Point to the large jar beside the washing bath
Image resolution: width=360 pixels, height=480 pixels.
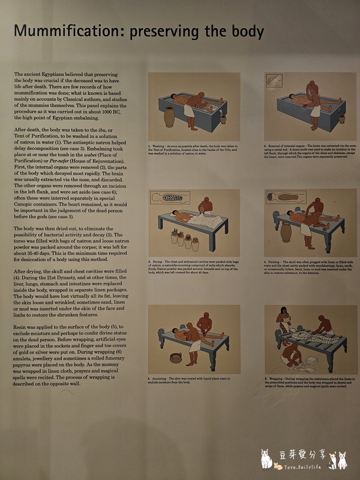[x=169, y=117]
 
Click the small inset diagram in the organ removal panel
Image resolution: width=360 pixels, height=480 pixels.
[x=274, y=80]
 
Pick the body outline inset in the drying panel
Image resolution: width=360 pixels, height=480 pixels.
[x=170, y=197]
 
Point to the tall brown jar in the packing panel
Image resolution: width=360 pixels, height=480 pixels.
[x=286, y=232]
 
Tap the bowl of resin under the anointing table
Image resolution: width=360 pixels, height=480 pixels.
[x=176, y=358]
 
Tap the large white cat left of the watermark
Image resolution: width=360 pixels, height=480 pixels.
[x=265, y=460]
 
